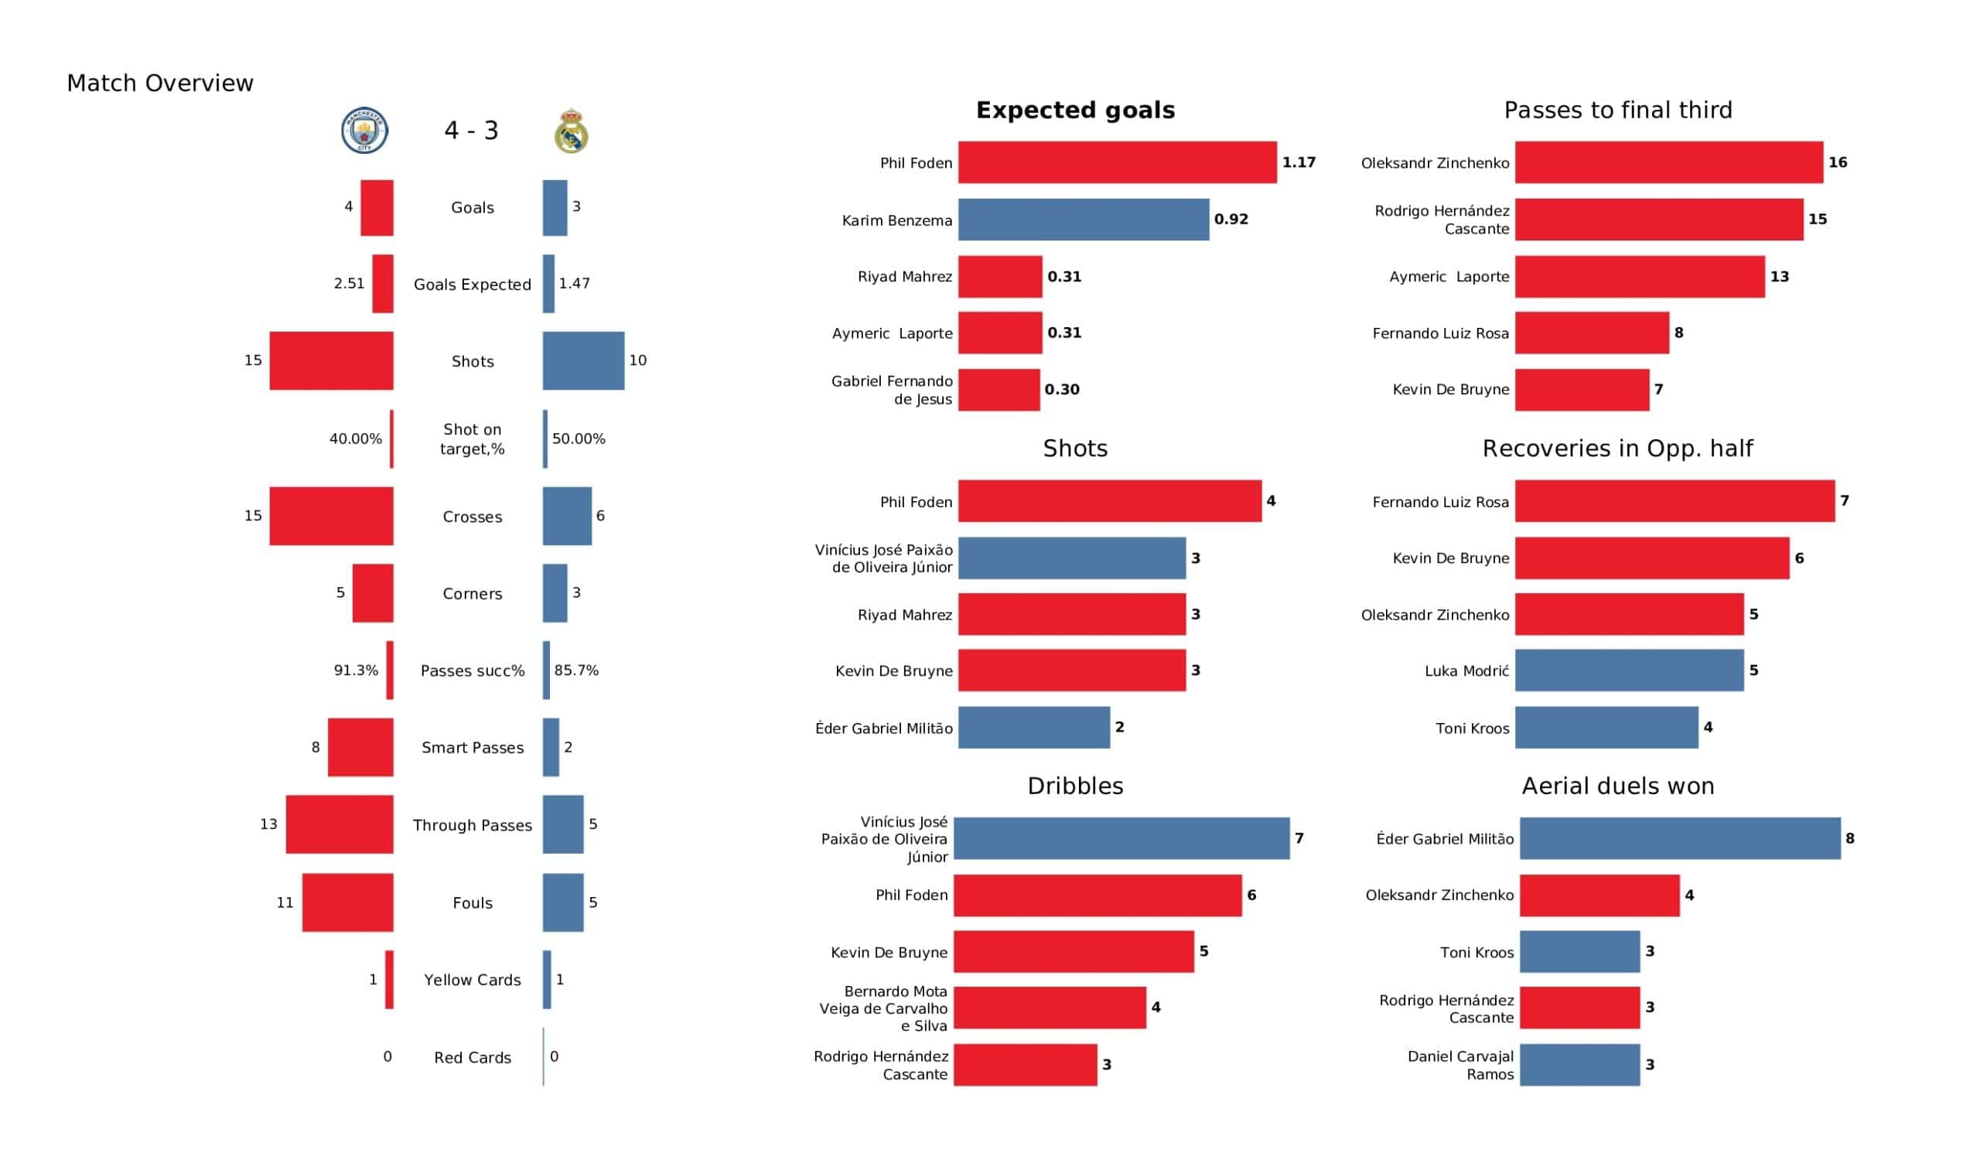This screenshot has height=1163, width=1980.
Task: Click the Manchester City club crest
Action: [364, 131]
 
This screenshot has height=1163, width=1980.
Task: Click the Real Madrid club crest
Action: [572, 131]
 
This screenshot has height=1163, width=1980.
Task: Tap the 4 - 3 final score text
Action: [472, 131]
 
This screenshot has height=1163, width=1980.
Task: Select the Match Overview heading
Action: [160, 84]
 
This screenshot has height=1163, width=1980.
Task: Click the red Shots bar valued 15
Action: [331, 360]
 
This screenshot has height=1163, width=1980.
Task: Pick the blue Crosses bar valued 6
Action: [566, 517]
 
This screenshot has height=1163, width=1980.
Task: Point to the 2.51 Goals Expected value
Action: [349, 284]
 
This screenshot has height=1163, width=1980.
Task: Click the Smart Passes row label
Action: [473, 748]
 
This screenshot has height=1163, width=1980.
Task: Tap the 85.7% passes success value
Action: [576, 670]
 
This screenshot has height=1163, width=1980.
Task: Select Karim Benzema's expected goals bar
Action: [1083, 220]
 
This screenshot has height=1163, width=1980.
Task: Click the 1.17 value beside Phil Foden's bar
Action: [1298, 162]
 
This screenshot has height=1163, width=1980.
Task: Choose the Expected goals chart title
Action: [1075, 111]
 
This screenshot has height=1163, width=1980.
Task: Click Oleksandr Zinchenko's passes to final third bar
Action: [1668, 162]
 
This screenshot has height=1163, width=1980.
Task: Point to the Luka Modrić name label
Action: [1466, 671]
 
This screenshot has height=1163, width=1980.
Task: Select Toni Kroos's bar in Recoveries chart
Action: [1606, 728]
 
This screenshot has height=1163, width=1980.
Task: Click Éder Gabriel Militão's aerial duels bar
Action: [1679, 838]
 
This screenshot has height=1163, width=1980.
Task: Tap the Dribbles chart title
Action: [1075, 786]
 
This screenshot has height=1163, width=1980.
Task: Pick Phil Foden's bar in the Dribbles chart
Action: [1097, 895]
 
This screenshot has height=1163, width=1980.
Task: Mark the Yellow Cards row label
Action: [473, 980]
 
